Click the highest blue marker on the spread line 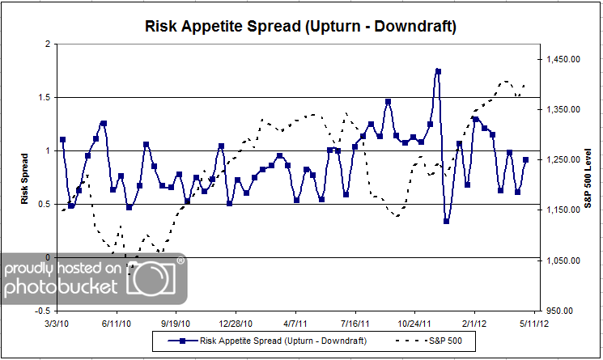click(438, 71)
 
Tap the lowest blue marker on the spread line click(446, 220)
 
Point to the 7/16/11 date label click(355, 321)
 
